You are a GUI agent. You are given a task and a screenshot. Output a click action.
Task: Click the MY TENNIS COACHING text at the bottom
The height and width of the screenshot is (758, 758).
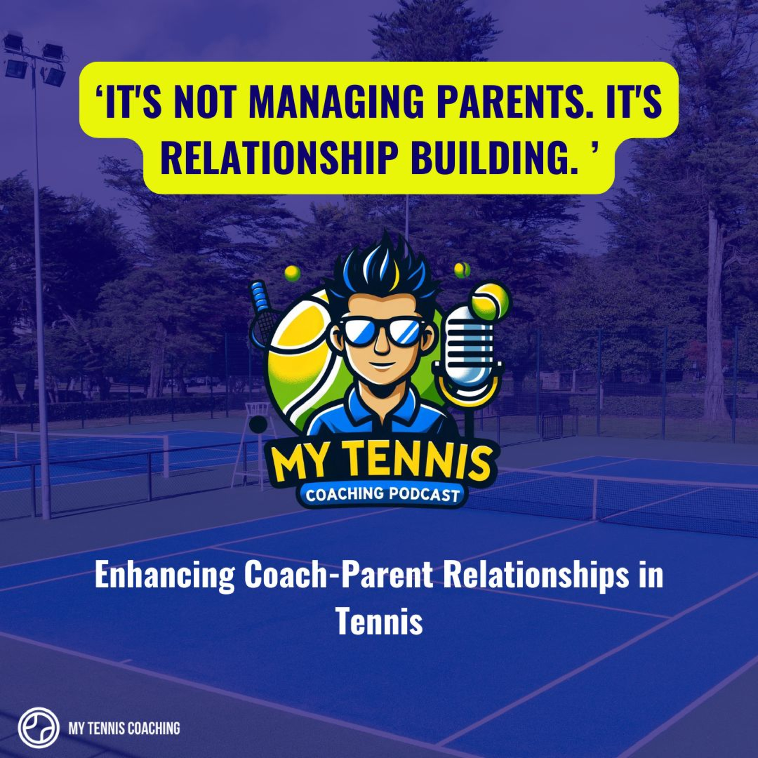click(x=124, y=718)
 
